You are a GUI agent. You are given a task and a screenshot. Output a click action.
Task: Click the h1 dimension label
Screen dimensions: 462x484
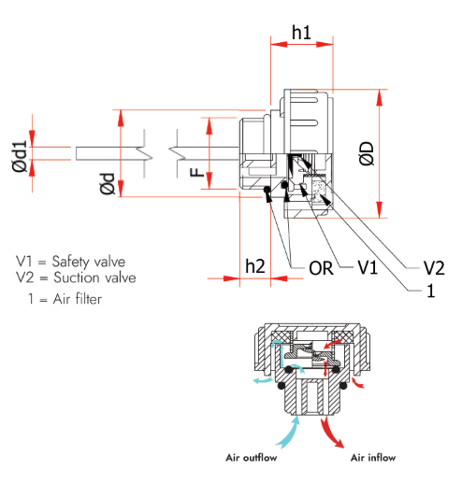point(301,33)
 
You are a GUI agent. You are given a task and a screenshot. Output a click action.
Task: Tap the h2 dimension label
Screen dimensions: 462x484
point(255,266)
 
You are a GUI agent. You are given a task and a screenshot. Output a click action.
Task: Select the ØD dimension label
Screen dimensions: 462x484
point(366,153)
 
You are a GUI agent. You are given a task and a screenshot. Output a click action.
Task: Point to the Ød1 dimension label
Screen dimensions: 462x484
point(20,156)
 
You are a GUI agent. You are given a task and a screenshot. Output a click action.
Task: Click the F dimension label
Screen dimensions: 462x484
point(196,172)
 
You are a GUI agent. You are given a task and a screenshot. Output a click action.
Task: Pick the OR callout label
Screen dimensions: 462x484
point(321,268)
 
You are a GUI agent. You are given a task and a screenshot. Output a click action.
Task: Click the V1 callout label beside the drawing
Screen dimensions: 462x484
point(368,267)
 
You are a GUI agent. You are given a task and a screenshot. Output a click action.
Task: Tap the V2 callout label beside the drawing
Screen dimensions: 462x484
point(434,267)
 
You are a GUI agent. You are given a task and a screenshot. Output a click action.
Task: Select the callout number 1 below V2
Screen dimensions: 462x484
point(431,291)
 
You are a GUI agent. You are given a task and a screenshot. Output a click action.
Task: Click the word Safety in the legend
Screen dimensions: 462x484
point(71,262)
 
